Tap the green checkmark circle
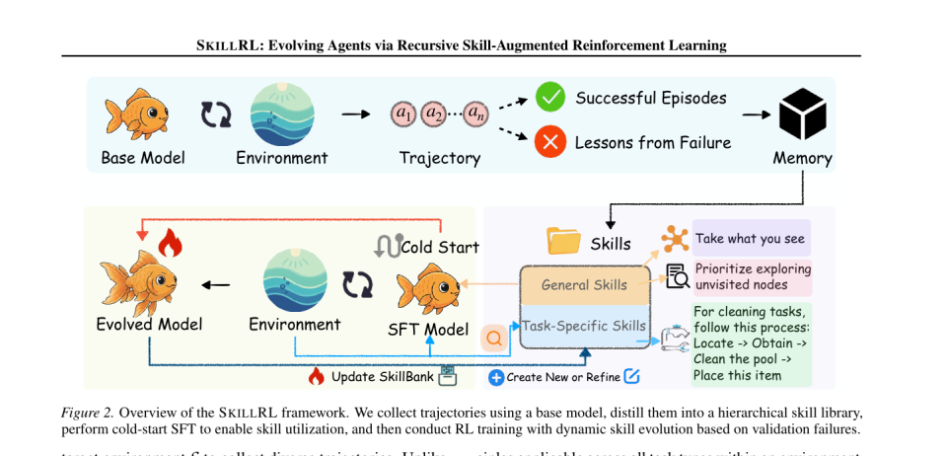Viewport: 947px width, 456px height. click(549, 98)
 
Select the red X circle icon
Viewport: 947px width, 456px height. click(549, 142)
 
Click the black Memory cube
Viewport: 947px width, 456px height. click(801, 115)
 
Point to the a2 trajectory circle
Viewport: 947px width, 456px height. click(434, 114)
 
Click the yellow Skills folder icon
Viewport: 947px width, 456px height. click(563, 241)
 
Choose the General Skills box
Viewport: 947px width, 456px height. click(584, 285)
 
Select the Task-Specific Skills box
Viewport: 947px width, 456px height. click(584, 326)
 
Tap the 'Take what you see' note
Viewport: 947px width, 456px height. click(751, 238)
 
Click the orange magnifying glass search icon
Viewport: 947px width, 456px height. click(494, 338)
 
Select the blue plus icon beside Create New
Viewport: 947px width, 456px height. click(496, 377)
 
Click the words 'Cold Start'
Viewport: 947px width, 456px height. click(440, 247)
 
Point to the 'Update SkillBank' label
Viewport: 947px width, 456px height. click(381, 376)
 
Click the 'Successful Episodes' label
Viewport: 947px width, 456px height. click(650, 98)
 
